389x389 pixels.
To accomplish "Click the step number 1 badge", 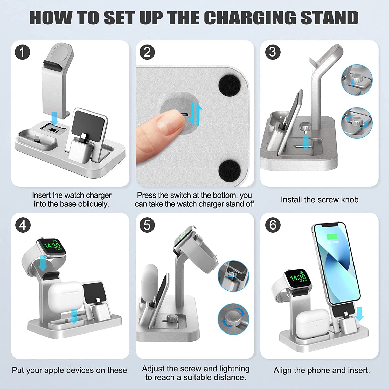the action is pyautogui.click(x=23, y=52).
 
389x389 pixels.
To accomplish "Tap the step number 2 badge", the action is pyautogui.click(x=147, y=52).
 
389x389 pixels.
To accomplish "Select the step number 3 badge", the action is pyautogui.click(x=273, y=52).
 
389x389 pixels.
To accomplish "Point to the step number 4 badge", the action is pyautogui.click(x=23, y=225).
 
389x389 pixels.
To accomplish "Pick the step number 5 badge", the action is pyautogui.click(x=147, y=225).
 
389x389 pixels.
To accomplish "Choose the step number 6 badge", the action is pyautogui.click(x=273, y=225).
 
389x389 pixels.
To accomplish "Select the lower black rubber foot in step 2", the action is pyautogui.click(x=229, y=170).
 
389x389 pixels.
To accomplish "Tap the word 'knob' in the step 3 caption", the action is pyautogui.click(x=350, y=199).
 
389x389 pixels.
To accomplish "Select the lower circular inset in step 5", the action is pyautogui.click(x=233, y=319).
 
